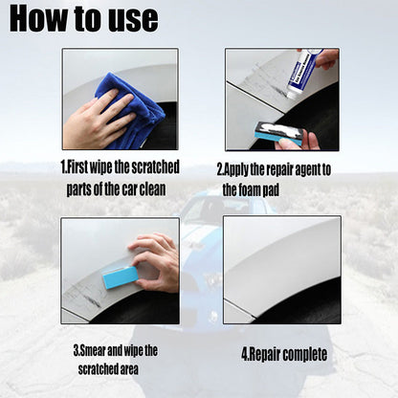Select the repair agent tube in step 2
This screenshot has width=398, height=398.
(304, 73)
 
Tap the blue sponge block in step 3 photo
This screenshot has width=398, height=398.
(121, 277)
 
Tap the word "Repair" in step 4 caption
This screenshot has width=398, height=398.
(268, 355)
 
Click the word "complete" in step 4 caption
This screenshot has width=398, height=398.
(306, 355)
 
